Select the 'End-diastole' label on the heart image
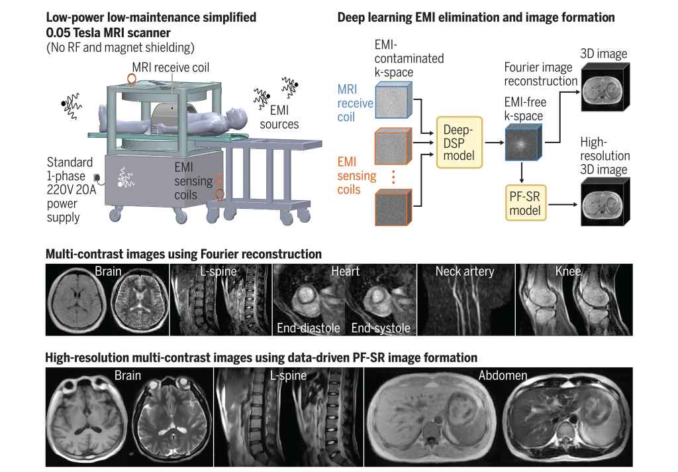coord(307,327)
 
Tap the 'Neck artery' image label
coord(465,271)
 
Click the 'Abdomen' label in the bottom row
coord(504,375)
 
